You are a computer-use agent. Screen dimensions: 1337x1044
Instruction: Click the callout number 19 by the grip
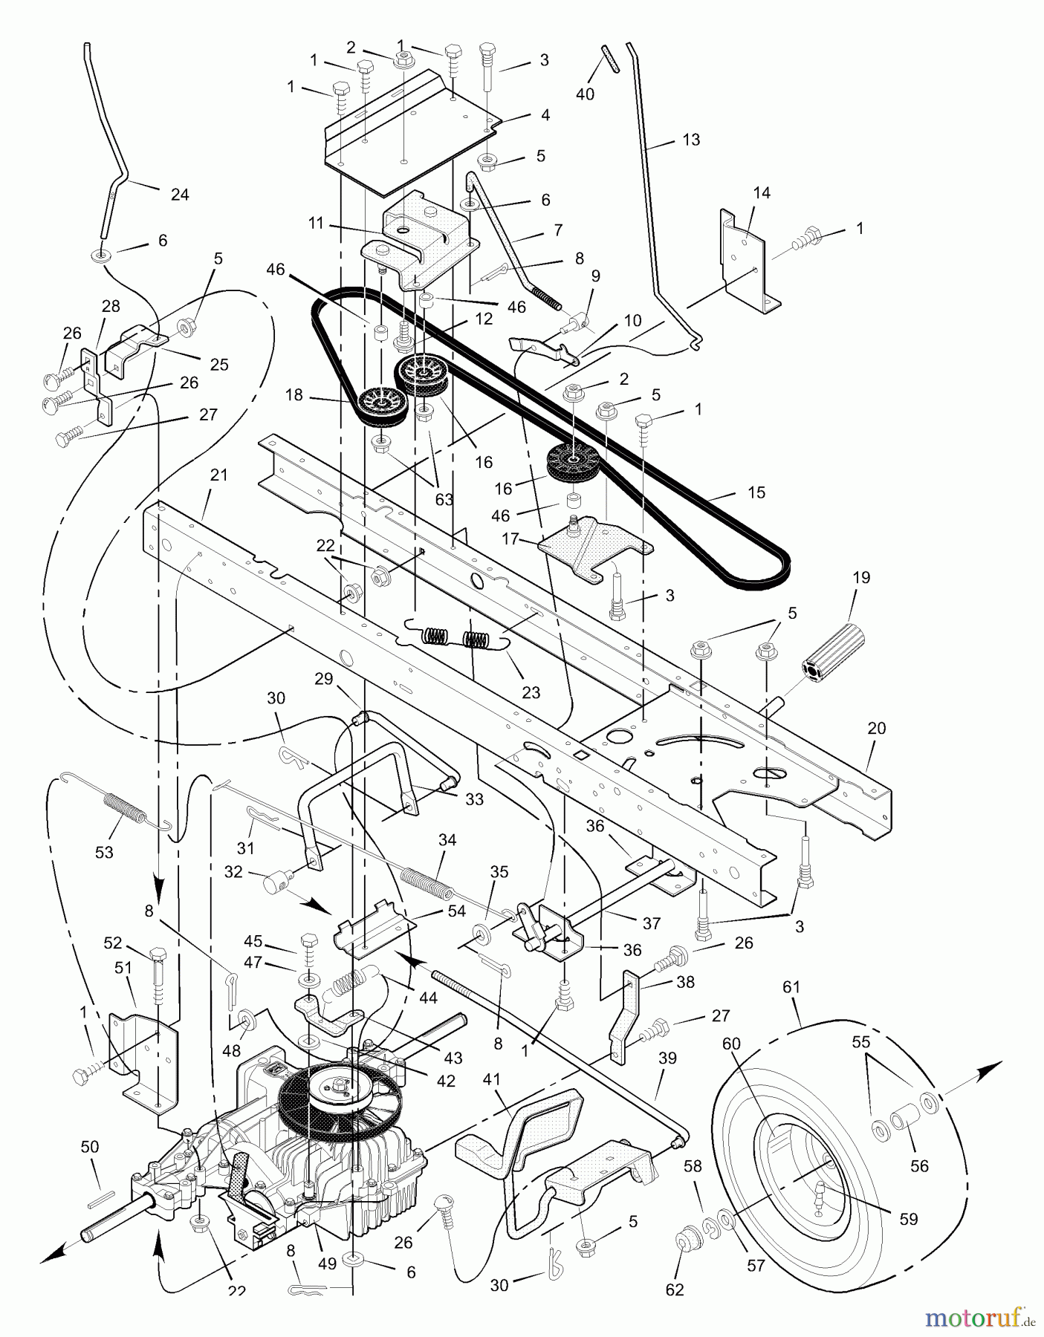(x=862, y=577)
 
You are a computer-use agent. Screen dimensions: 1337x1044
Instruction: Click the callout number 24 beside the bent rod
(x=179, y=195)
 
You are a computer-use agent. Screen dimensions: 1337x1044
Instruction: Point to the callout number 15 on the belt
(x=756, y=492)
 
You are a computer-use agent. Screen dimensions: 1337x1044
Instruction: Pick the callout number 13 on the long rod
(x=691, y=140)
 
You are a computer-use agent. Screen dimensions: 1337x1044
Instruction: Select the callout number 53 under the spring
(x=104, y=852)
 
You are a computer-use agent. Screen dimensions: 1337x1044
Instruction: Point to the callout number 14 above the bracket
(x=762, y=193)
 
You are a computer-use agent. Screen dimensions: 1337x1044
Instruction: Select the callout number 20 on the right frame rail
(x=877, y=728)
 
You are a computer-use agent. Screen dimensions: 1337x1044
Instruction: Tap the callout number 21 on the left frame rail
(x=218, y=475)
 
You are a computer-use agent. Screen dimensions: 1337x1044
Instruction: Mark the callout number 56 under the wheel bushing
(x=919, y=1165)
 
